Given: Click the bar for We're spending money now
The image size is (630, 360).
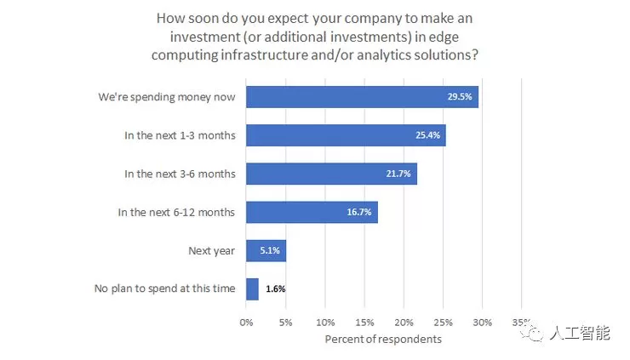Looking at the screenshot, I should pos(362,97).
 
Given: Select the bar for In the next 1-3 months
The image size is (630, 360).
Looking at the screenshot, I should pos(346,135).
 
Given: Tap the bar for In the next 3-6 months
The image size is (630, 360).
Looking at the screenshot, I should pos(331,174).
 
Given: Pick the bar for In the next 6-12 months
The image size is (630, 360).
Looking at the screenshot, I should pos(312,212).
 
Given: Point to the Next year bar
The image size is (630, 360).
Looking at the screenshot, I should pos(266,250).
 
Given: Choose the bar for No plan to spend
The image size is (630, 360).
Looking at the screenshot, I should pos(252,289).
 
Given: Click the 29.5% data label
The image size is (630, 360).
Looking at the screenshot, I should pos(461,97).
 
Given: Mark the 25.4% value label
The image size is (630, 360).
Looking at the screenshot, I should pos(428,135).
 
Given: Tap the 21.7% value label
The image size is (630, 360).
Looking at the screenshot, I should pos(399,174).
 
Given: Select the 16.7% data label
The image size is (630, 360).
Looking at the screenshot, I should pos(360,212).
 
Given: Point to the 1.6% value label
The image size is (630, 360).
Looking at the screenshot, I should pos(275,289).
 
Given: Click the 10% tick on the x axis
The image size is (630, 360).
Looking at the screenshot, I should pos(325,323).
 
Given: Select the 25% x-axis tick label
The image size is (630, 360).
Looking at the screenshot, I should pos(443,323).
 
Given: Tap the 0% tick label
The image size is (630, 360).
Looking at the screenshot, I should pos(247,323).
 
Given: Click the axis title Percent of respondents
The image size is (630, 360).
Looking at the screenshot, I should pos(383,340).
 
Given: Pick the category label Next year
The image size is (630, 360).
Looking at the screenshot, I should pos(211,250).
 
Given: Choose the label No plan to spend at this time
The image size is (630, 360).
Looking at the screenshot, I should pos(164,289).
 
